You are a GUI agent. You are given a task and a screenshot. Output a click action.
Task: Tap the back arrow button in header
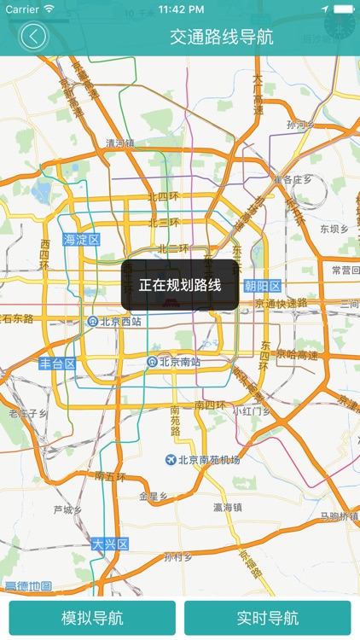pos(34,37)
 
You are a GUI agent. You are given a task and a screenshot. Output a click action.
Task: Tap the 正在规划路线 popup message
pos(180,285)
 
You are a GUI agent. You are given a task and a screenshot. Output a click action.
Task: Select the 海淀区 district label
pos(82,240)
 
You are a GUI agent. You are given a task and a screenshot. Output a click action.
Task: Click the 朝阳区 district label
pos(262,286)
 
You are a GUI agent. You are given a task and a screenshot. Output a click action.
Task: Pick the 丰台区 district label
pos(58,364)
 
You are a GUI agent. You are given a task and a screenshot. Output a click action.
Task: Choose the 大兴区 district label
pos(110,544)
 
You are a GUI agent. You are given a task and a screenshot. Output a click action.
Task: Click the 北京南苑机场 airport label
pos(209,460)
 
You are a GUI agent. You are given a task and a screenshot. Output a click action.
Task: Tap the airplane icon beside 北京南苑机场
pos(171,460)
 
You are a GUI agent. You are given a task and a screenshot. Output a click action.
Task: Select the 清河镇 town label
pos(119,143)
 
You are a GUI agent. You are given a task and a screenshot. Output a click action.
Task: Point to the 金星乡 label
pos(153,495)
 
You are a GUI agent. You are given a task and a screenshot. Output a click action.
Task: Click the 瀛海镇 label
pos(228,507)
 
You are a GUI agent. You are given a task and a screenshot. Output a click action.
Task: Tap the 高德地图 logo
pos(28,586)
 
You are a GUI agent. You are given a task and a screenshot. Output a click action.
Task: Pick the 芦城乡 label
pos(67,510)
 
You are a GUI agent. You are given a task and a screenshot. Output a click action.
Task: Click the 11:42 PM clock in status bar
pos(180,9)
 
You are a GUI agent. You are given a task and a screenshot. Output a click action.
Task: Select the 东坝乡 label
pos(334,229)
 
